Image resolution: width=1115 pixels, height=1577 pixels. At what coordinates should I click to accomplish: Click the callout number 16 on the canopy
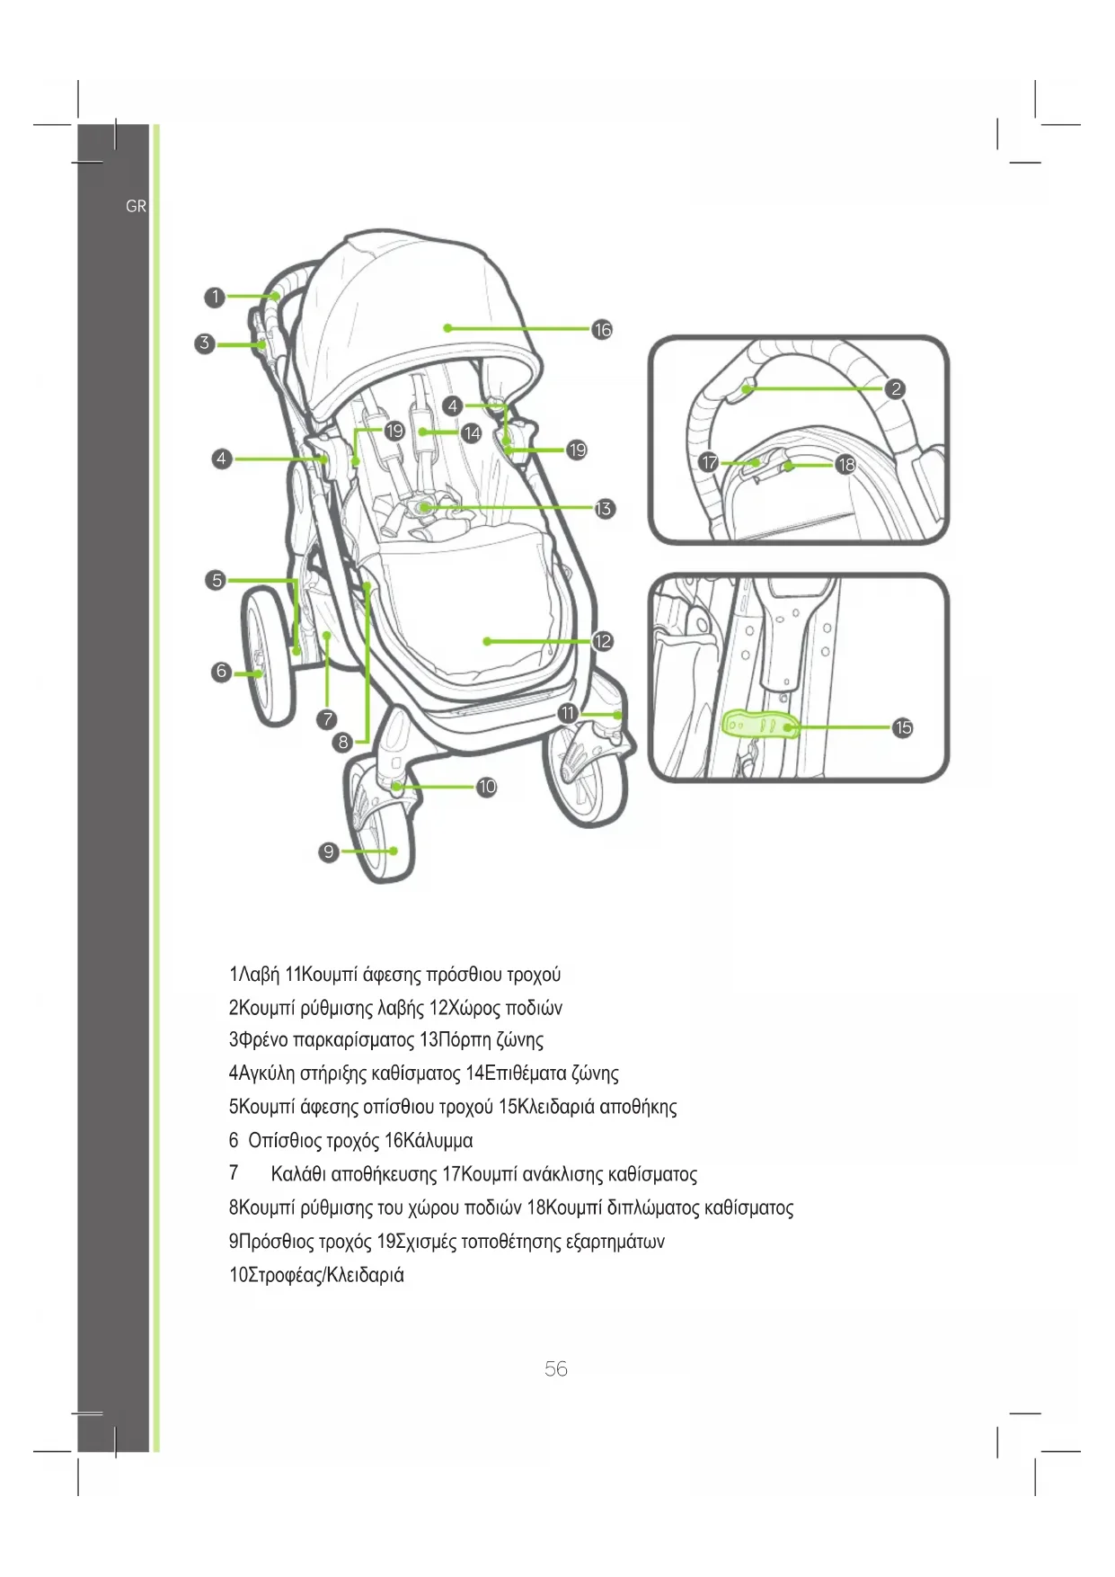602,330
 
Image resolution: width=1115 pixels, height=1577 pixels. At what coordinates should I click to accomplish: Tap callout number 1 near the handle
214,297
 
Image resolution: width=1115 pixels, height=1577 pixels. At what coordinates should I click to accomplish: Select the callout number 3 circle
205,343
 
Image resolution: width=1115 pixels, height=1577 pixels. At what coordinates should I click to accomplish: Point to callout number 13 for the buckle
604,509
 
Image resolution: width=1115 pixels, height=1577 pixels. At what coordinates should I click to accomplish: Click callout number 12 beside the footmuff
602,641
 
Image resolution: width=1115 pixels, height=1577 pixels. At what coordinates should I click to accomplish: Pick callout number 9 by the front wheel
329,851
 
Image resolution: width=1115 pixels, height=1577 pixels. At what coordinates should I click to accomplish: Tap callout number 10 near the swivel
486,787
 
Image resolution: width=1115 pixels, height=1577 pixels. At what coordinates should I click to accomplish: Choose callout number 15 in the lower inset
902,727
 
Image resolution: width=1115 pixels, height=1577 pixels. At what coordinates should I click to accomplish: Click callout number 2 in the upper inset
895,388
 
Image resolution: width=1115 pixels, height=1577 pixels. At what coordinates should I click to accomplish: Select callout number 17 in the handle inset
710,462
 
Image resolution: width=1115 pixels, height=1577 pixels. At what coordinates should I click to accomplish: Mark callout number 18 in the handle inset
845,465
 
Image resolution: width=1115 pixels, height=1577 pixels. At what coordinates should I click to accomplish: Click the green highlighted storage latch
760,723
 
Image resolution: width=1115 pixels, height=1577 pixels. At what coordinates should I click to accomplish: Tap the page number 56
556,1368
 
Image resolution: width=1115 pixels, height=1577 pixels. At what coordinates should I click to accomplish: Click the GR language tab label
136,206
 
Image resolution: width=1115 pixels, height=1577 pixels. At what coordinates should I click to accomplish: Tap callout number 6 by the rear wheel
221,671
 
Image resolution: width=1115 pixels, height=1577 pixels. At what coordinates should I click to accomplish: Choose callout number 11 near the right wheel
568,713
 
